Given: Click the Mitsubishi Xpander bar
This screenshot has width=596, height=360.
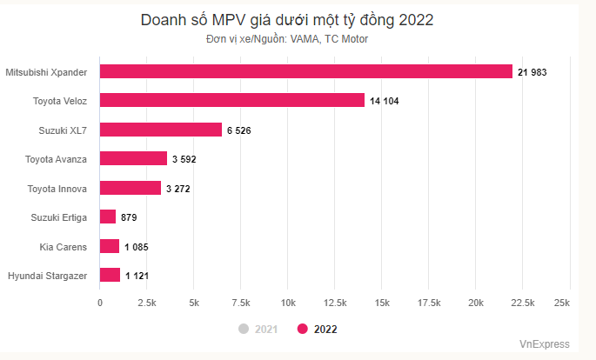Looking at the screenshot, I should point(306,71).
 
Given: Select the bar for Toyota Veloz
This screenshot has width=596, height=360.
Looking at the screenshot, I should point(232,100).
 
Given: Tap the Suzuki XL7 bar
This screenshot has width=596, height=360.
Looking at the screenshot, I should point(161,130).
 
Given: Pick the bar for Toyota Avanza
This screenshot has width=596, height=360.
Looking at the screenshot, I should point(133,158).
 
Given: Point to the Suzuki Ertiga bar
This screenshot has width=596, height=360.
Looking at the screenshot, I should point(108,217).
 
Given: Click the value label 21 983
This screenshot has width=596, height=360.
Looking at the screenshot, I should point(532,72).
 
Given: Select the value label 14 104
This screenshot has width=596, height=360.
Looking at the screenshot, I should point(384,101).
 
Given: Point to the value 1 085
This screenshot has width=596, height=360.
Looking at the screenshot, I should point(136,247).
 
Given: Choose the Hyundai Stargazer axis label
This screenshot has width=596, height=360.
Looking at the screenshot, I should point(47,276).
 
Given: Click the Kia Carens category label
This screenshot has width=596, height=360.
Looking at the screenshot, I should point(64,247).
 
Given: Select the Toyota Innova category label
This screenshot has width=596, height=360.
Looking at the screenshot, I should point(57,188).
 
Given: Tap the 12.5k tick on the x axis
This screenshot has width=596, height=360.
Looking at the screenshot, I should point(335,302).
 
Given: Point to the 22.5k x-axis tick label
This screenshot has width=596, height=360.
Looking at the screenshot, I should point(523,302).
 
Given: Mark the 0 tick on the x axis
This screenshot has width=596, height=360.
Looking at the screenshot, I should point(100,302).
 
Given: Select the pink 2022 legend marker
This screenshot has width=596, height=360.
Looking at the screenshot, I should point(303,329).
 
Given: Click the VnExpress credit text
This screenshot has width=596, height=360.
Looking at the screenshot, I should point(545,343).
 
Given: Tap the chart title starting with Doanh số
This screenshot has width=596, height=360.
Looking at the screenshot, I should point(287,19).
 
